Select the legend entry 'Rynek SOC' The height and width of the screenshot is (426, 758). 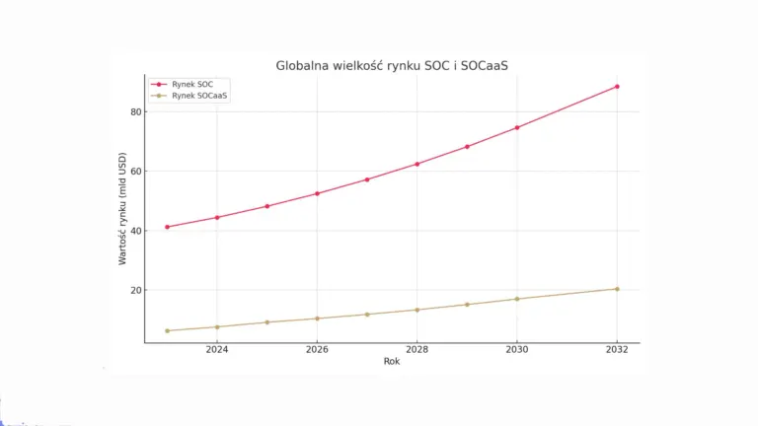click(190, 85)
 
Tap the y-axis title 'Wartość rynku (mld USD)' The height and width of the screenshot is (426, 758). click(123, 208)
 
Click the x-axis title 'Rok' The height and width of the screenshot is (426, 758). click(392, 361)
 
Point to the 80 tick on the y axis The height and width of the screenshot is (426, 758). click(135, 111)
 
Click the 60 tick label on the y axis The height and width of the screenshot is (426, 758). click(135, 172)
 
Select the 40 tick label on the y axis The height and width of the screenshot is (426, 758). click(135, 231)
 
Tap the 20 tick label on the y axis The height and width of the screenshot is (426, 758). click(135, 291)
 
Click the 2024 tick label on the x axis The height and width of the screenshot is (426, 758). click(217, 349)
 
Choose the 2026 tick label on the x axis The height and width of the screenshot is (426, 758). click(317, 349)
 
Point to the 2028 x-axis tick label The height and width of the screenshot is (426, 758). click(417, 349)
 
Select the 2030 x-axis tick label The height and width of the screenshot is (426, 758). click(517, 349)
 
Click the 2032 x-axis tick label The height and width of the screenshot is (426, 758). click(617, 349)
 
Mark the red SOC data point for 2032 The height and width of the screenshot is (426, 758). click(617, 87)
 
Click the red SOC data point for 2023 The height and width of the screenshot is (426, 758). click(167, 227)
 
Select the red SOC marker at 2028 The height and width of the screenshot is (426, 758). click(417, 164)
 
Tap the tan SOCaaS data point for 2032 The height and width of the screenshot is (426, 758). click(617, 289)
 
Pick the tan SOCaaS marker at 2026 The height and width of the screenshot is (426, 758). click(317, 319)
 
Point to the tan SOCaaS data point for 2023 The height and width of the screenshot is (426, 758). click(167, 330)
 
